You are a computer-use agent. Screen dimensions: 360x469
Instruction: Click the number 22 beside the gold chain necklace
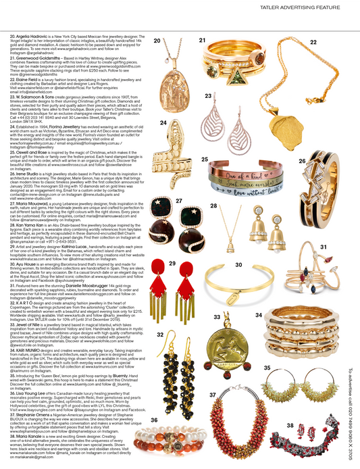coord(313,42)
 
